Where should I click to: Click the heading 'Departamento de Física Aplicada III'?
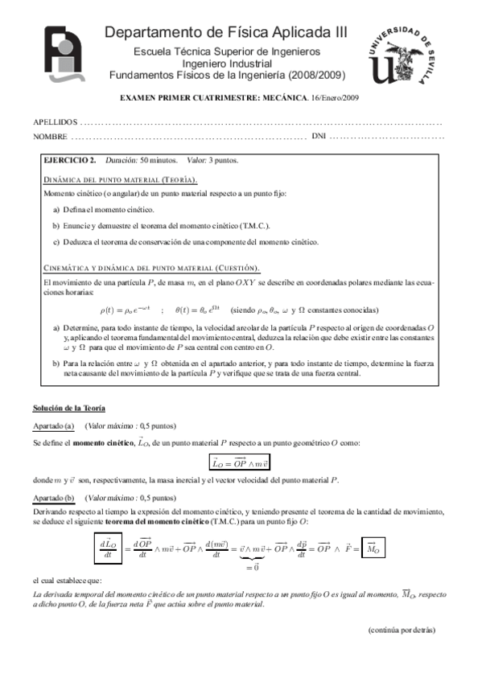point(227,32)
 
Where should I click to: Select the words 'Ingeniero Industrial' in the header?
point(227,64)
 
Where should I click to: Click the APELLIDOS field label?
point(56,122)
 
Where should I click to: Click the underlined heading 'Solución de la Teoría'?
point(68,409)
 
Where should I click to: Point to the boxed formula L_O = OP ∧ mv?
point(241,462)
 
